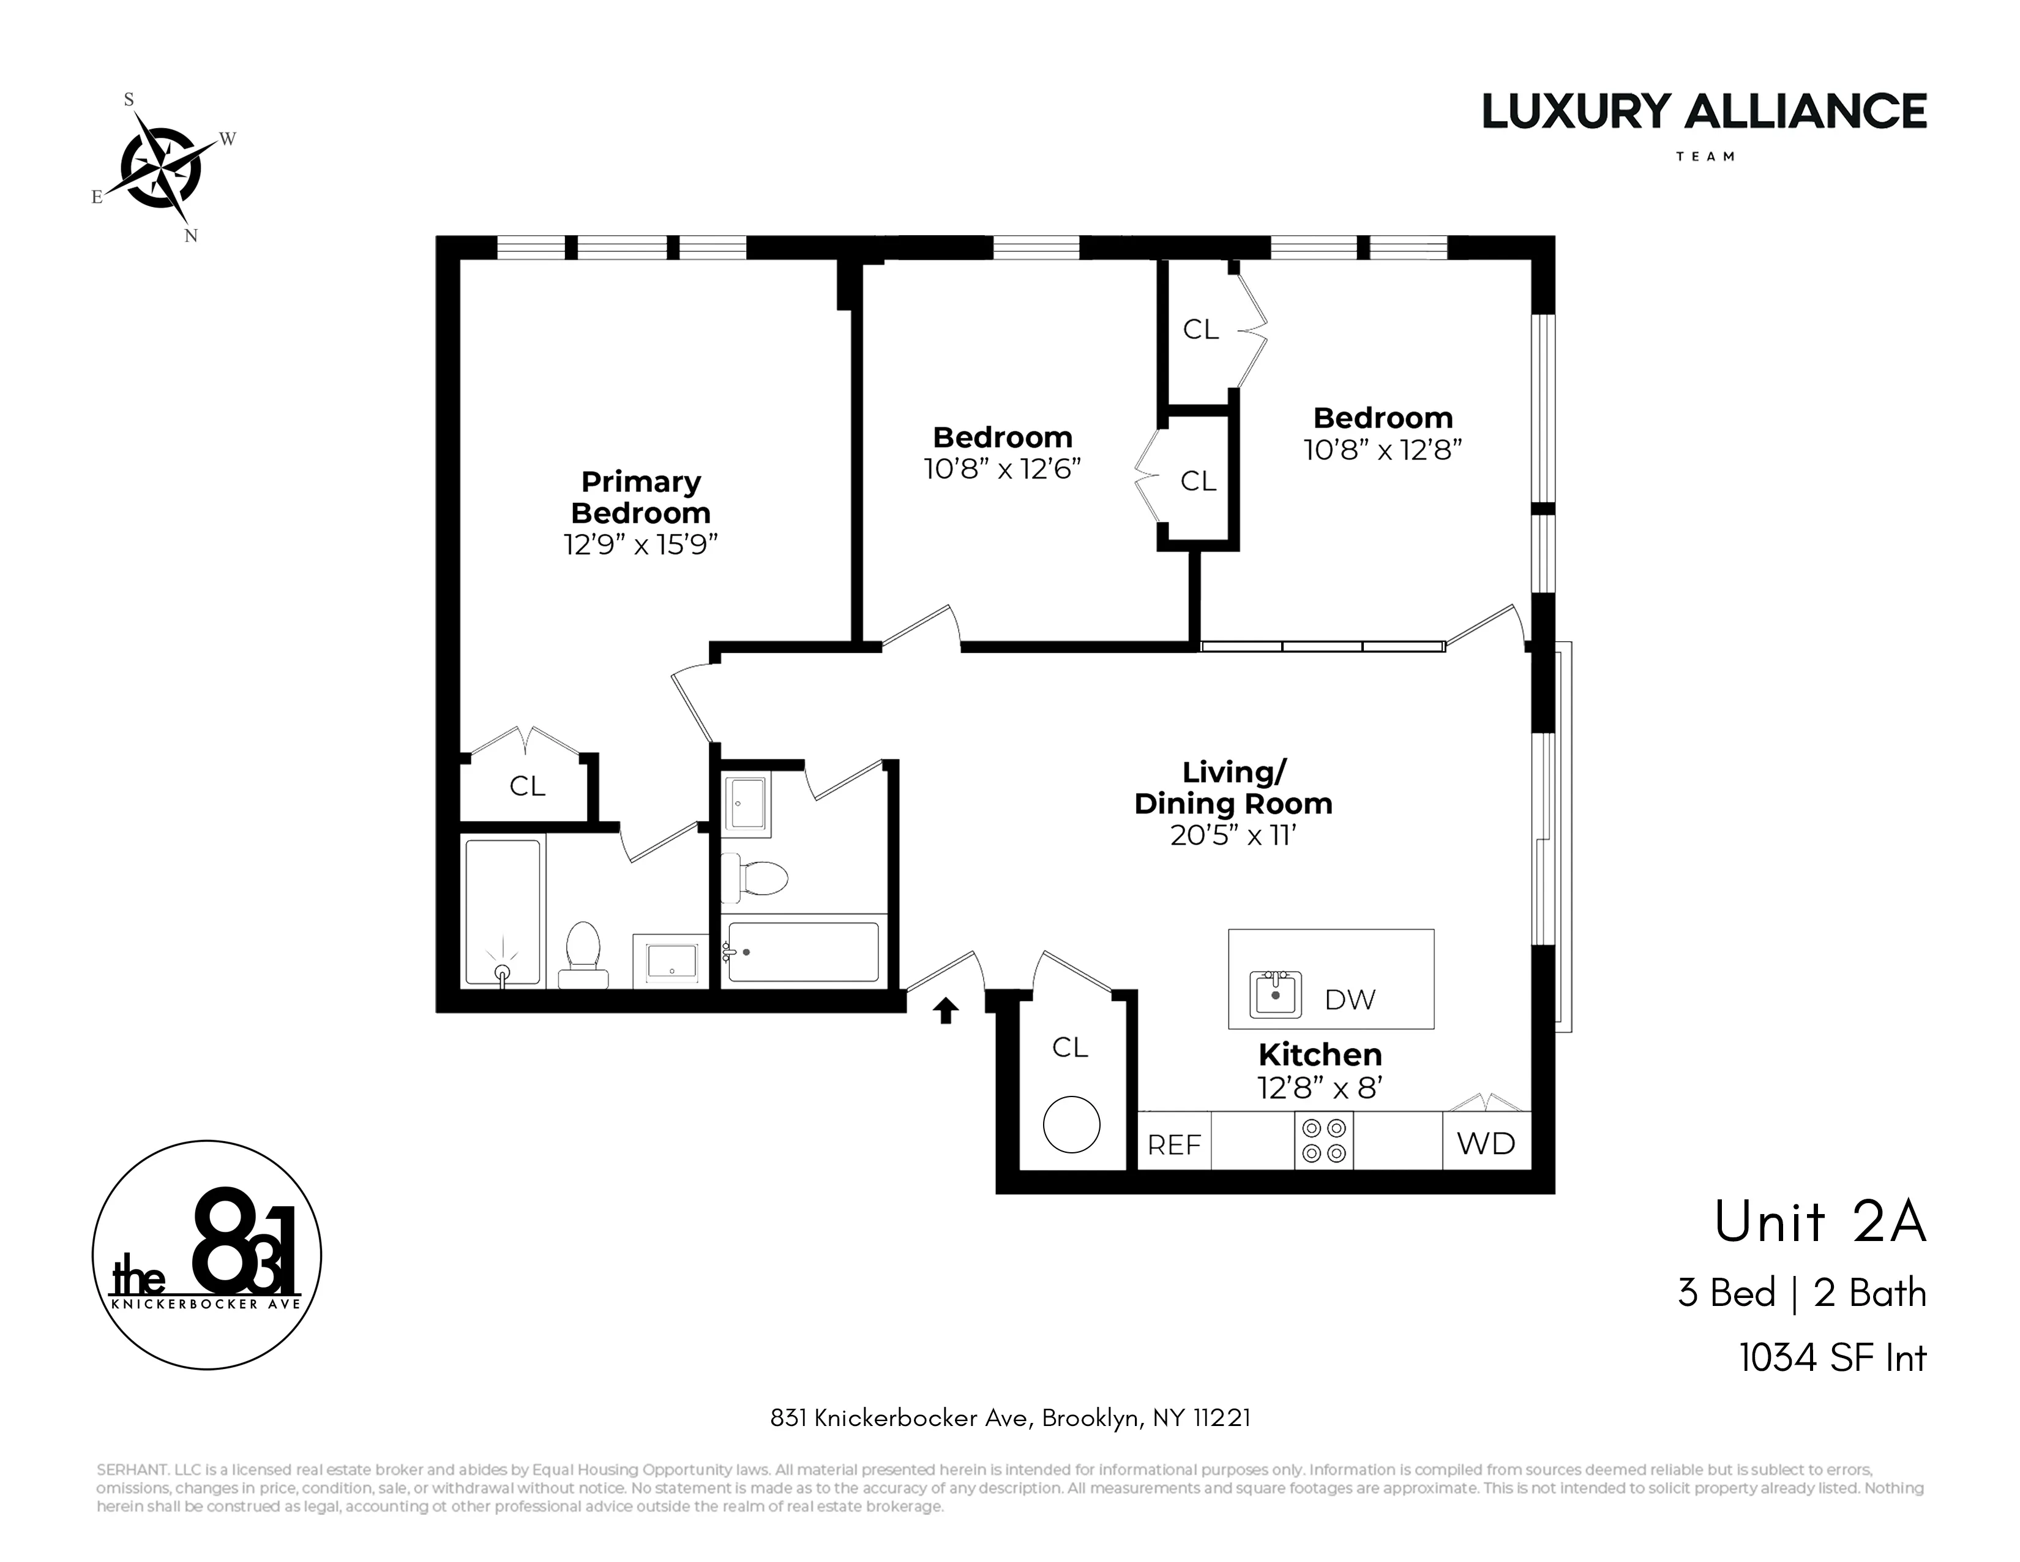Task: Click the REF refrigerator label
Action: point(1173,1145)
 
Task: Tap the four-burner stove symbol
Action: point(1323,1140)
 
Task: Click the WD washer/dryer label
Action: point(1486,1144)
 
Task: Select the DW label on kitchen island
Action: point(1350,1000)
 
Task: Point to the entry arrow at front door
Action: point(945,1011)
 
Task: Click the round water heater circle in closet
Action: point(1071,1124)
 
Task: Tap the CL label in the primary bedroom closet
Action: point(527,786)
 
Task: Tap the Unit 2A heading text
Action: point(1819,1223)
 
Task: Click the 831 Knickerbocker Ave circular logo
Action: point(206,1255)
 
